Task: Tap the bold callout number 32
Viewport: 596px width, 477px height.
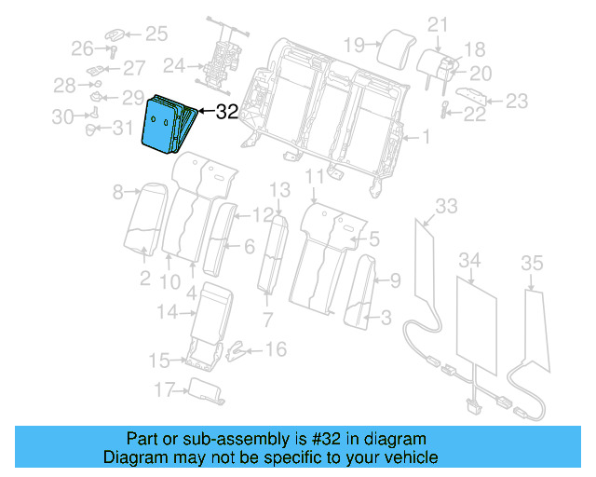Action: click(226, 113)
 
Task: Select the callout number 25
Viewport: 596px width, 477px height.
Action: click(155, 34)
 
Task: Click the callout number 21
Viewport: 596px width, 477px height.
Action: click(438, 25)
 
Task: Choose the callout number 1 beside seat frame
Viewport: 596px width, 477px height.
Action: click(426, 139)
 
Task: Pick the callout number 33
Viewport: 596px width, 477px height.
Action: click(447, 205)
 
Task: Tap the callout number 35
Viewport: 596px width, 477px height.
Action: click(531, 265)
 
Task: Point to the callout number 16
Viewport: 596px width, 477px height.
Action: click(276, 349)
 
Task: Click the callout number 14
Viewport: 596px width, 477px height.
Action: click(166, 312)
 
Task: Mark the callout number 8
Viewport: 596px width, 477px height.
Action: click(118, 193)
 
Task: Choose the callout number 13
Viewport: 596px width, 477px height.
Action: click(280, 190)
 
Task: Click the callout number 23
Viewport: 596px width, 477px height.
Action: click(516, 101)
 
